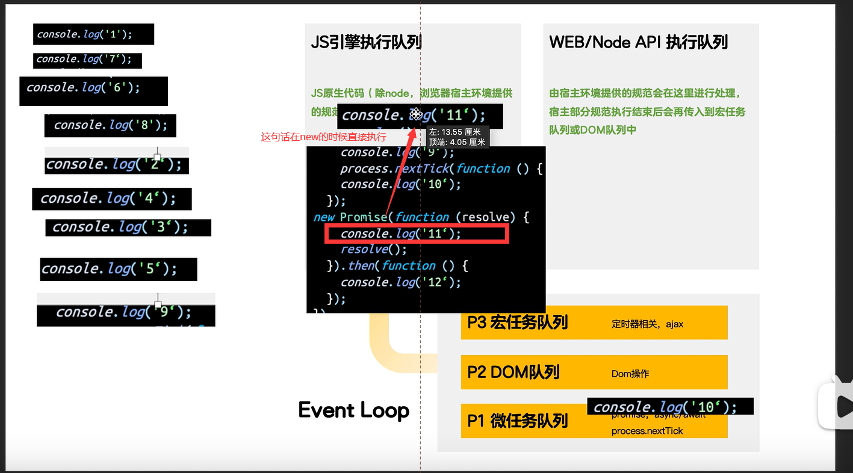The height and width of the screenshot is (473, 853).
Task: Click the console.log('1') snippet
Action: (93, 34)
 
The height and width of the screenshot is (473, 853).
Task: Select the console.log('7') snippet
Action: (87, 60)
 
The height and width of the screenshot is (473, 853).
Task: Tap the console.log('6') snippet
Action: (93, 88)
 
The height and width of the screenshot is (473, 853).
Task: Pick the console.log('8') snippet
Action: (110, 125)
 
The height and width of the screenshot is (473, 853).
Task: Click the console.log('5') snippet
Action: (119, 269)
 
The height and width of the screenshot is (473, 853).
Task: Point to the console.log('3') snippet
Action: (128, 227)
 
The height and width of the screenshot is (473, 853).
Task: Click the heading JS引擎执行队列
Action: (366, 42)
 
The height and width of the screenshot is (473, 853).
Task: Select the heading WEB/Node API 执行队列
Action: (638, 42)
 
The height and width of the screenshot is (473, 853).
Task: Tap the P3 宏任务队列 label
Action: (517, 323)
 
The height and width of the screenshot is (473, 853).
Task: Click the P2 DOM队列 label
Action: (513, 372)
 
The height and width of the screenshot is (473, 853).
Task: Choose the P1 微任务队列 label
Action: (517, 420)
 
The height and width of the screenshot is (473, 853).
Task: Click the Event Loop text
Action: (354, 410)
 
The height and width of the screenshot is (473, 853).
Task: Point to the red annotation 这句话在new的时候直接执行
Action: (323, 137)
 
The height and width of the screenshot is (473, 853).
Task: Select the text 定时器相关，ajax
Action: (647, 324)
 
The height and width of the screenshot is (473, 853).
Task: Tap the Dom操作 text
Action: (630, 374)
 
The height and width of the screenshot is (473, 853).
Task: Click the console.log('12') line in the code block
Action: (400, 282)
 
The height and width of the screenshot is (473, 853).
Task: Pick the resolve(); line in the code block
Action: (373, 249)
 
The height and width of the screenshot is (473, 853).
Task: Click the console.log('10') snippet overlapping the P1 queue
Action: (670, 407)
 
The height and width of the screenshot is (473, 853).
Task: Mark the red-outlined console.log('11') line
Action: (417, 233)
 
